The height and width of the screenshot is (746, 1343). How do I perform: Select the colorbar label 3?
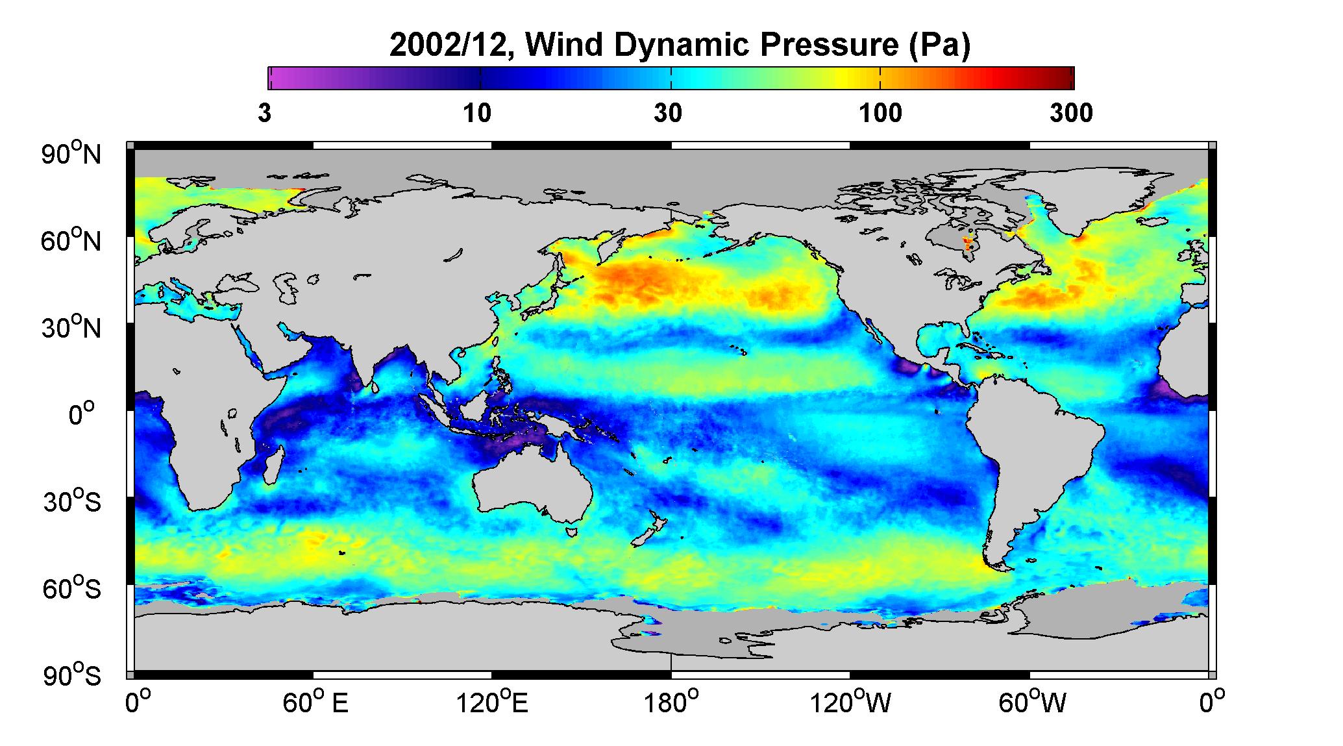264,113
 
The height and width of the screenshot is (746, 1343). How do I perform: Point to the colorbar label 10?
477,113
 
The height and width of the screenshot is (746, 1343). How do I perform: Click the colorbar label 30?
669,113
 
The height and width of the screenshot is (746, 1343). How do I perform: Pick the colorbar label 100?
880,113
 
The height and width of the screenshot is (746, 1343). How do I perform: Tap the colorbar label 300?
1071,113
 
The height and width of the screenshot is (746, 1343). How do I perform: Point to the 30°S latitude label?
72,501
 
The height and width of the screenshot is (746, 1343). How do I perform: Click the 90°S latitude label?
72,675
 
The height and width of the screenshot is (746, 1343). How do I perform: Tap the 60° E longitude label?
315,702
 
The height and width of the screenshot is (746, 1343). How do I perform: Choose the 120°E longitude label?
492,702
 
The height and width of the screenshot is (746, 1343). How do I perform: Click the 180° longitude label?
671,702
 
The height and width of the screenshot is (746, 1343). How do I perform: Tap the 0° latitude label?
82,414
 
